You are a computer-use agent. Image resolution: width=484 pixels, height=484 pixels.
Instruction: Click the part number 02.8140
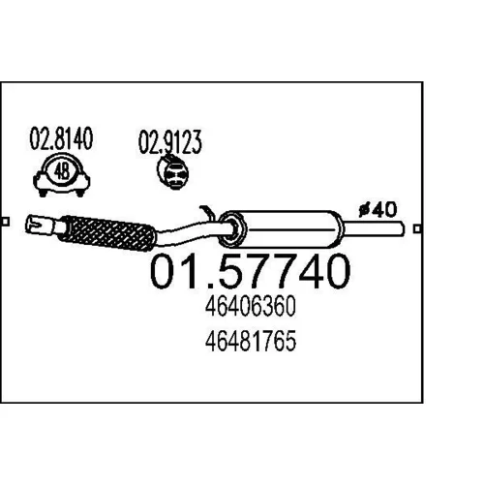point(61,138)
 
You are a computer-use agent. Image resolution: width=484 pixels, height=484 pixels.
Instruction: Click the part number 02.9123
point(170,142)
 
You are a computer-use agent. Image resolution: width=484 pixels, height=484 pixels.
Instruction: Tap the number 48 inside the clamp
point(62,171)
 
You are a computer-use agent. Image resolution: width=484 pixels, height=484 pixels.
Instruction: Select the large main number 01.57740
point(250,271)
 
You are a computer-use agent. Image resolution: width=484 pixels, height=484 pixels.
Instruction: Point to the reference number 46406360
point(251,307)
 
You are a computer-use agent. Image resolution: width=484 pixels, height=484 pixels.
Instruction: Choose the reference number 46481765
point(251,341)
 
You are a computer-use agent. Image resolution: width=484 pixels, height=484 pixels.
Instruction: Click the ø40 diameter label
point(378,210)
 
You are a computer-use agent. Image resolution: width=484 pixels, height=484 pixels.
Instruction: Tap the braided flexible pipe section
point(108,233)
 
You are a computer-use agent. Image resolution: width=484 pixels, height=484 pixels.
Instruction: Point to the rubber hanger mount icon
point(173,172)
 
